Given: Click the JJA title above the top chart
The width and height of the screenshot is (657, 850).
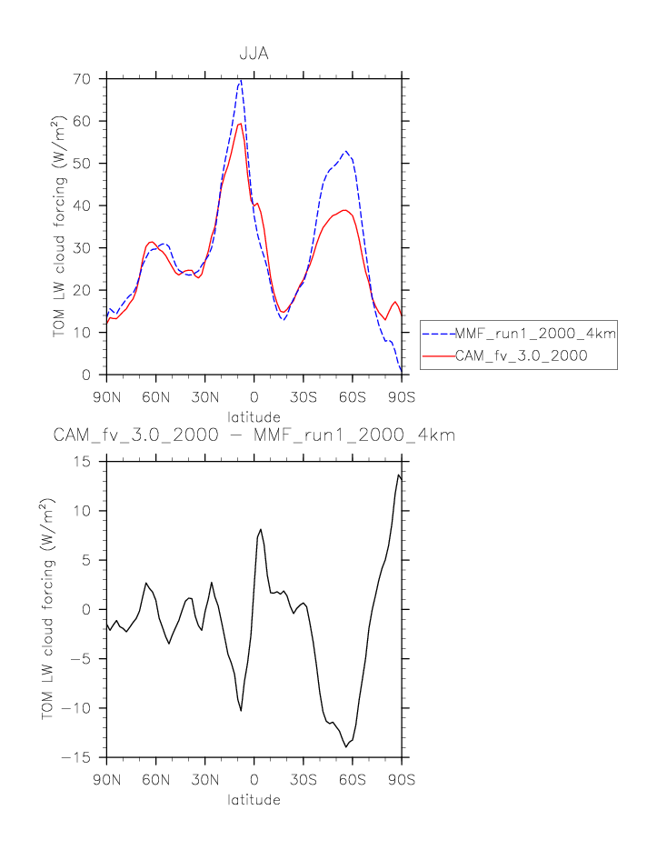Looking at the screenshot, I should point(254,55).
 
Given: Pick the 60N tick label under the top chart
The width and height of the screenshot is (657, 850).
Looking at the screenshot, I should point(155,397).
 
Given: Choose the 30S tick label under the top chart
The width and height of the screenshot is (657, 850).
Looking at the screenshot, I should point(303,397).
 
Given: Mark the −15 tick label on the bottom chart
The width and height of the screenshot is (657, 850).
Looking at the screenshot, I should point(85,757).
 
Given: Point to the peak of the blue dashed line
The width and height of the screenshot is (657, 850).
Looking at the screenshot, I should point(240,81).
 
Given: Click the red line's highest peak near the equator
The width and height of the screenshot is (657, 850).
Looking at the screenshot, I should point(239,124).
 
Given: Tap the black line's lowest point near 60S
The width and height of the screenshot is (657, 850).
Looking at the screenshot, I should point(346,746).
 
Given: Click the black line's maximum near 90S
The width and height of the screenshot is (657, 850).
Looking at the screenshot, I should point(398,475).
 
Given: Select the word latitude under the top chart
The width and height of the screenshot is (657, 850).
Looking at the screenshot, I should point(254,416).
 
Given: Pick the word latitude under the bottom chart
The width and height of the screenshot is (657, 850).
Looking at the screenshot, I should point(254,801).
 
